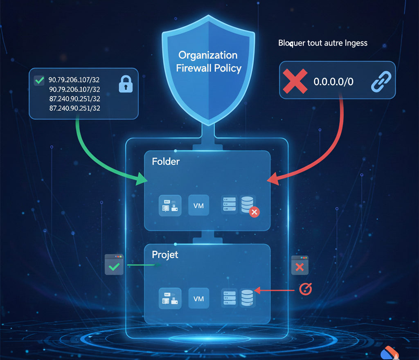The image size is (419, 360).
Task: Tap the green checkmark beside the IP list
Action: tap(39, 80)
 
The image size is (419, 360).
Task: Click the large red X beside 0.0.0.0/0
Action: tap(295, 81)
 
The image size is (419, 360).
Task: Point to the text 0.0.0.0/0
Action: tap(333, 81)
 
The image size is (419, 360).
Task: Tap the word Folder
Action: tap(166, 162)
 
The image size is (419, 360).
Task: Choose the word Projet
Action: tap(165, 255)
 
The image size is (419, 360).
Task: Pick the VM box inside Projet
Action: tap(198, 297)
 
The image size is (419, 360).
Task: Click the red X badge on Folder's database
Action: tap(254, 212)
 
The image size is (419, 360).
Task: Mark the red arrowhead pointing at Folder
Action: tap(272, 179)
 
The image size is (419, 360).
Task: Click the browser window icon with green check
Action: tap(114, 265)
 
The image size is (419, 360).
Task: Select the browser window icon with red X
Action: tap(300, 265)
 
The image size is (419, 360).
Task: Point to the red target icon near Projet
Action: tap(306, 289)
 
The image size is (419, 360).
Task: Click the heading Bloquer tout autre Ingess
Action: tap(322, 43)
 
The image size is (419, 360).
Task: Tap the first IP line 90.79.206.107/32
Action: tap(74, 80)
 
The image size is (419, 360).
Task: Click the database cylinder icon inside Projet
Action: tap(247, 297)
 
